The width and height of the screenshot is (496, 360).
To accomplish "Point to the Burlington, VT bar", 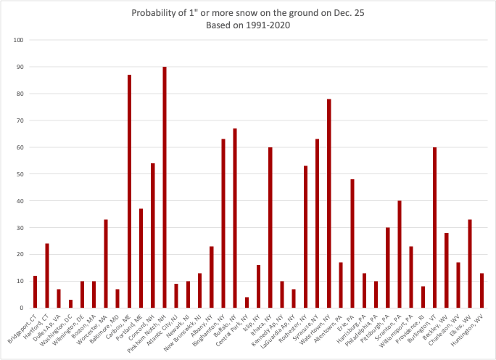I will coord(434,227).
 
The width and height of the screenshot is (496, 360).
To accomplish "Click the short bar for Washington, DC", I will coord(70,303).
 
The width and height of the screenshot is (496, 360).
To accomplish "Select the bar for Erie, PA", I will coord(352,243).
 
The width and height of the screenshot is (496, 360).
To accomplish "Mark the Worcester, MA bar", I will coord(106,263).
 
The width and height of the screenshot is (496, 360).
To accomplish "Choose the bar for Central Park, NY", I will coord(247,302).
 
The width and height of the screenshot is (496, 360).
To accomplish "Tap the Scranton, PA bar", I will coord(400,254).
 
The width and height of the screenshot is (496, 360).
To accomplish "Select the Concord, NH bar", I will coord(153,235).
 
